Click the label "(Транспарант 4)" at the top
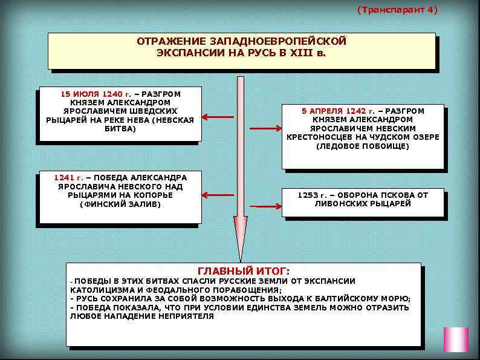coord(397,10)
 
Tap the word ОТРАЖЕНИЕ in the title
coord(171,42)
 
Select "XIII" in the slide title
coord(297,53)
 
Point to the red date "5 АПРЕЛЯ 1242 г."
coord(338,111)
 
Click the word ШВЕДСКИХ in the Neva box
coord(155,111)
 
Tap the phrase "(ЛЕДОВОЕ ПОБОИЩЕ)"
coord(363,146)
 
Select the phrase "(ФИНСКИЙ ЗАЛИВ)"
coord(120,205)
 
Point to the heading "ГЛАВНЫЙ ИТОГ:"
coord(244,270)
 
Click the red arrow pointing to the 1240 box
coord(218,117)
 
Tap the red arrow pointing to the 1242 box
coord(265,128)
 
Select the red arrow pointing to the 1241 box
coord(218,195)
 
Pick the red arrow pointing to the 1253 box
coord(265,206)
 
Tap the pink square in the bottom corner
coord(456,339)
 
